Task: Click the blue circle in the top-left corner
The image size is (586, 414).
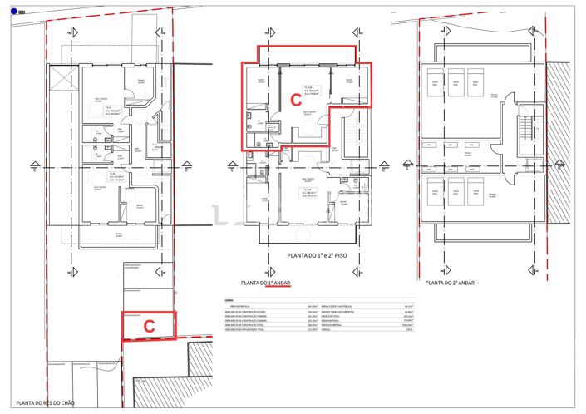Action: (x=13, y=11)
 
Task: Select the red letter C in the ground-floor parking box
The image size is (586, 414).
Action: (x=150, y=327)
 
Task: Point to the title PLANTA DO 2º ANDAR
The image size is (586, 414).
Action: (x=451, y=283)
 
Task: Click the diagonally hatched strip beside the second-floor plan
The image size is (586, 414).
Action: (x=564, y=141)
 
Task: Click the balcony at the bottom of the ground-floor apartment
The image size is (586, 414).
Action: (x=118, y=234)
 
